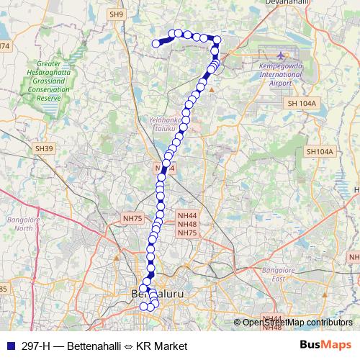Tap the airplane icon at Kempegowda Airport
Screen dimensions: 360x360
(279, 55)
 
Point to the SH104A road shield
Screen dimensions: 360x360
(320, 152)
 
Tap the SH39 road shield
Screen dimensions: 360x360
(44, 148)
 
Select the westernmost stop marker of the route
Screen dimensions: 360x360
(156, 44)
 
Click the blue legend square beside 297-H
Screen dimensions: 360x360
(9, 346)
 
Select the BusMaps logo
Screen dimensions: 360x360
(325, 346)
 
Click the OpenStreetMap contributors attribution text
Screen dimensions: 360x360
(297, 323)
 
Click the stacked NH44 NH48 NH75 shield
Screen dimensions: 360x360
(187, 224)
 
